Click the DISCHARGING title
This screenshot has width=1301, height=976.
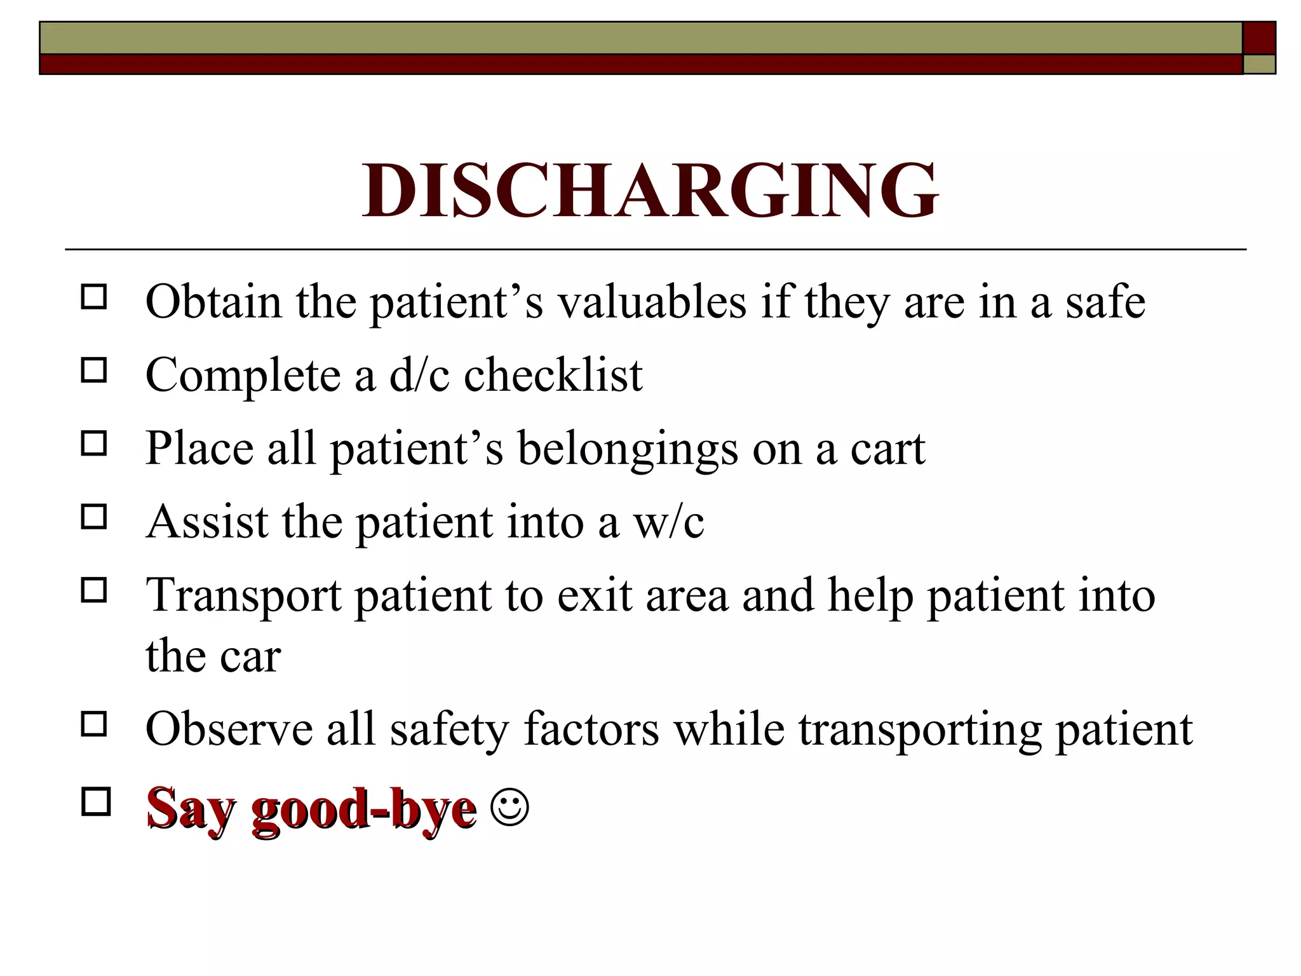coord(650,191)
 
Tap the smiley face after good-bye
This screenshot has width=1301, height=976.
coord(509,807)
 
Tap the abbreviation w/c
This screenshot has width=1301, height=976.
coord(668,522)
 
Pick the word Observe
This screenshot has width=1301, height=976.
coord(229,729)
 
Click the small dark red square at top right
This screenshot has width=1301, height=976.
coord(1259,38)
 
